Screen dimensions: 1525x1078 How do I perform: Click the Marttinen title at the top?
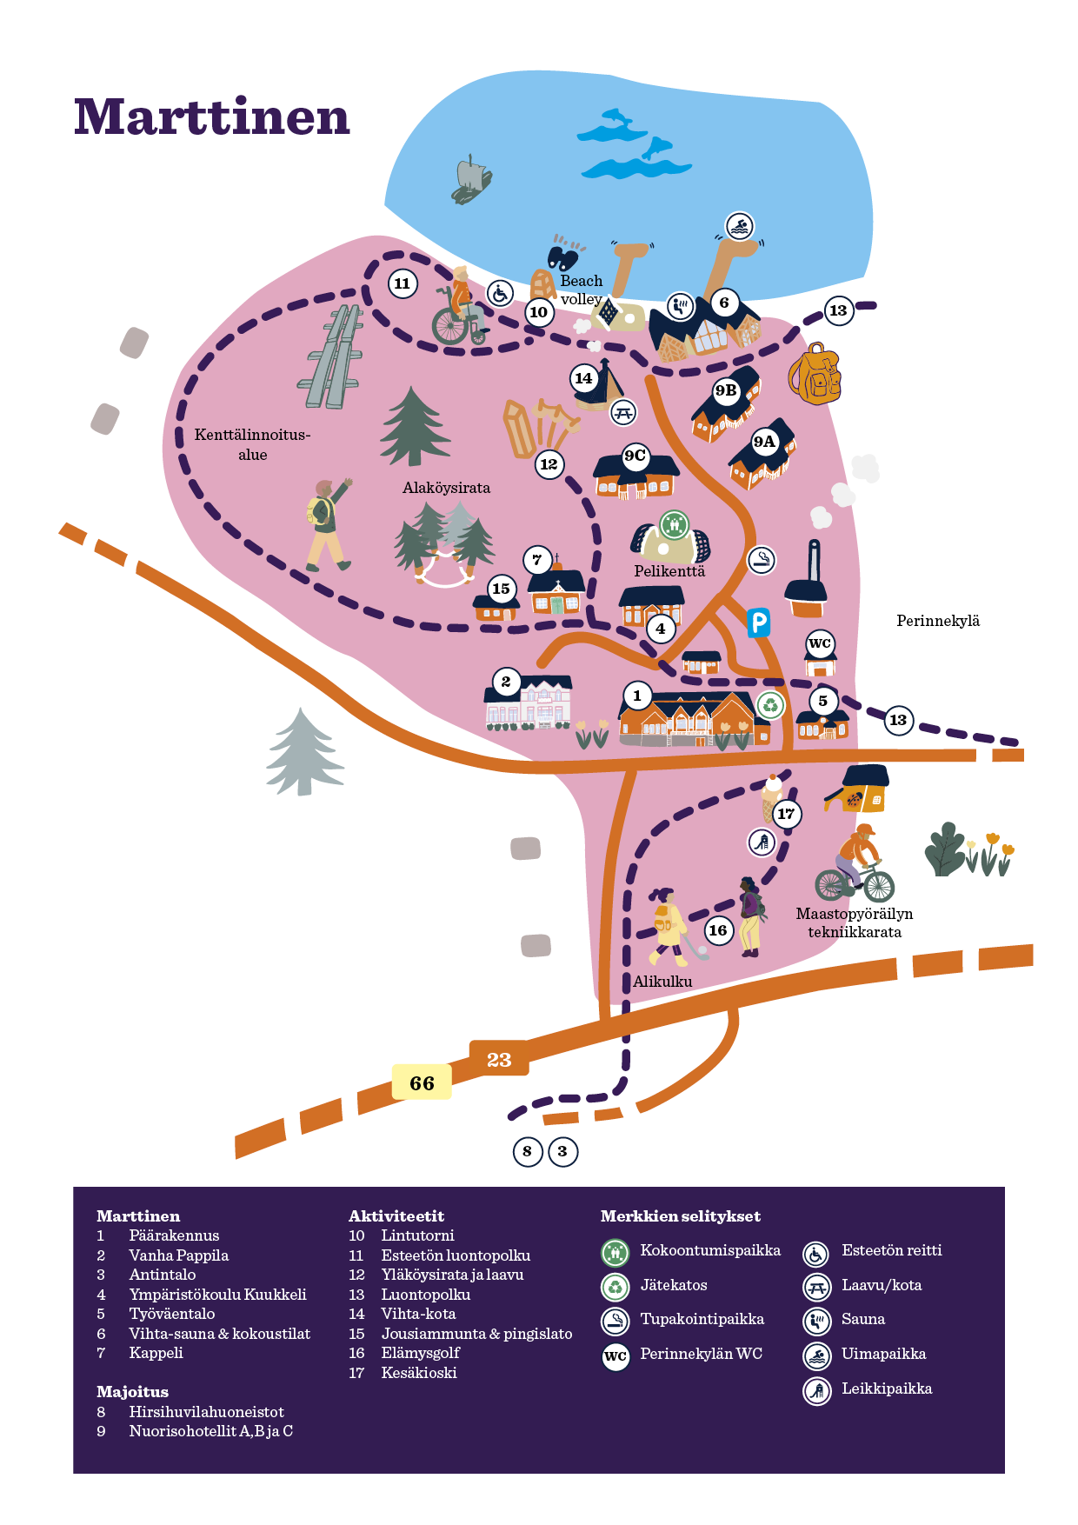click(211, 117)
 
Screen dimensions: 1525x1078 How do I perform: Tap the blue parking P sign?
click(758, 622)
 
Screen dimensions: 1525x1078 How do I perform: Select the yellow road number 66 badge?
click(422, 1082)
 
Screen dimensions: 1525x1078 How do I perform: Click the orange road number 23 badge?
click(499, 1059)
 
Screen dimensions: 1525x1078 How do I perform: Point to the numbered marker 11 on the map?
click(402, 283)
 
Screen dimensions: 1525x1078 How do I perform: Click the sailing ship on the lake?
click(470, 180)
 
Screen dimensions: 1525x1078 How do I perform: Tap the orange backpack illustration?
click(815, 374)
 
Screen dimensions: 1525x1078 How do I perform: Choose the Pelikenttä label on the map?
click(669, 571)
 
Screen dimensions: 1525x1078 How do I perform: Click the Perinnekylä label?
click(938, 621)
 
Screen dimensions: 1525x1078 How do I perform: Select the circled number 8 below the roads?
click(527, 1151)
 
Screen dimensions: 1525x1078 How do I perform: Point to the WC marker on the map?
click(820, 643)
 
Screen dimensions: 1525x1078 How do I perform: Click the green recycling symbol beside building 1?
click(770, 705)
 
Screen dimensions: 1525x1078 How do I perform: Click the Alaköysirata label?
click(446, 488)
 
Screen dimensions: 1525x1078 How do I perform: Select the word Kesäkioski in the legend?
click(419, 1373)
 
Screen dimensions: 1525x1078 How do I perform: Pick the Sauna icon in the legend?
click(816, 1321)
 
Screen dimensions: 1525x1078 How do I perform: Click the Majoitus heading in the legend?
click(132, 1392)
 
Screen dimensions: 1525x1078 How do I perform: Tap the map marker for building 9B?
click(726, 390)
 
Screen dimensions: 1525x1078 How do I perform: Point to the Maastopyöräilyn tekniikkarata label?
click(855, 922)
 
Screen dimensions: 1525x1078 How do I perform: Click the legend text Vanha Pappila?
click(178, 1255)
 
